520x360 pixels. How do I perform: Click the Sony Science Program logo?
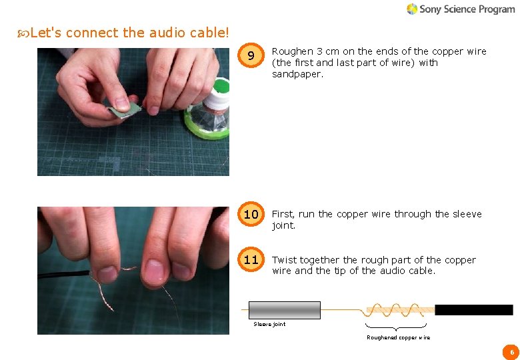(x=460, y=9)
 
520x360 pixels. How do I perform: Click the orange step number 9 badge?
(x=251, y=57)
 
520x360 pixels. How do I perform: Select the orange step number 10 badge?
(x=251, y=215)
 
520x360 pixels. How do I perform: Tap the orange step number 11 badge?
(x=251, y=260)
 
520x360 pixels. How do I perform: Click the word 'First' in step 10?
(x=283, y=214)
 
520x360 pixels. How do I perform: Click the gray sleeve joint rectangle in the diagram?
(x=285, y=310)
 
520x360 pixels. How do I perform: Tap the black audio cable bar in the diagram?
(x=473, y=310)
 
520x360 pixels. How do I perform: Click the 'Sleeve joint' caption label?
(x=269, y=324)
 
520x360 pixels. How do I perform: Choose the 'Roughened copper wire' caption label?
(x=398, y=337)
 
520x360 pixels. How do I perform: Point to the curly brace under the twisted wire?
(x=396, y=327)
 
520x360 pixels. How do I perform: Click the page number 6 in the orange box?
(x=511, y=351)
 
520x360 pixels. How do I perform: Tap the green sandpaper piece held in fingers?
(x=125, y=108)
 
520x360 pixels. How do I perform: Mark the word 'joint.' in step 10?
(x=283, y=225)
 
